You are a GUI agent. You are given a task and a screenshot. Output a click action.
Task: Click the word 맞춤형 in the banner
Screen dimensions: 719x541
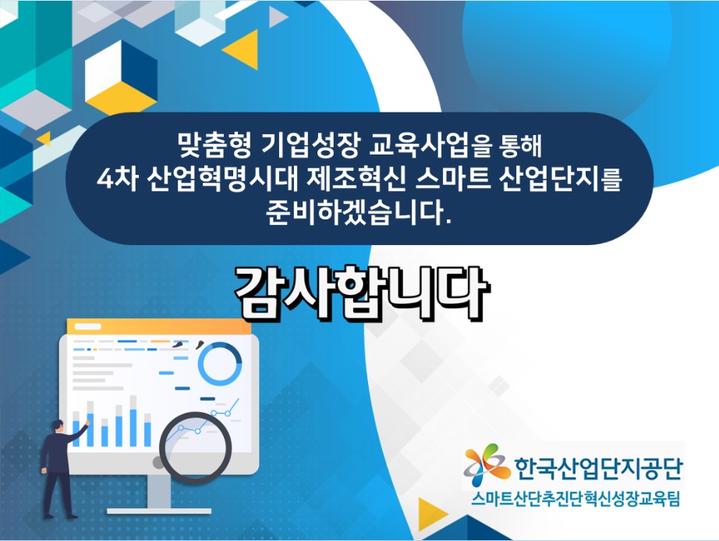(x=214, y=145)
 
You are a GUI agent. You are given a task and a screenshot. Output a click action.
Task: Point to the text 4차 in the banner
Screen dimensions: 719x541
(x=118, y=179)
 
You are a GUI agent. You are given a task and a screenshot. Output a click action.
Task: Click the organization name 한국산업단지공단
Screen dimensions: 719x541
(x=598, y=468)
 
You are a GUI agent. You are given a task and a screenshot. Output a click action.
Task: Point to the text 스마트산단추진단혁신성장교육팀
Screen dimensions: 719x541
(x=576, y=498)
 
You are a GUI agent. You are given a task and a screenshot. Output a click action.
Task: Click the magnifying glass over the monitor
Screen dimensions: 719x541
(x=195, y=448)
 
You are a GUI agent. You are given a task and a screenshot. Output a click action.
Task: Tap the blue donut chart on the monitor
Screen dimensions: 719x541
(x=220, y=365)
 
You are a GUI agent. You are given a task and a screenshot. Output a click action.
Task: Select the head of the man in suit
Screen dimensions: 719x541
(x=58, y=425)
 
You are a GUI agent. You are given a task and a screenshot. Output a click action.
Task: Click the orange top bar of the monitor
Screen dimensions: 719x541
(x=158, y=326)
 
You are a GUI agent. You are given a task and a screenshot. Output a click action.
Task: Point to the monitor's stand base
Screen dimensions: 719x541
(x=159, y=511)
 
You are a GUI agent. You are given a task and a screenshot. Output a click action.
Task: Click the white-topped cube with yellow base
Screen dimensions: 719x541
(x=121, y=77)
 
